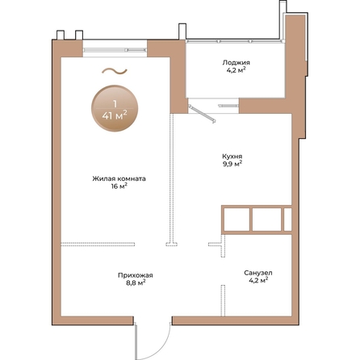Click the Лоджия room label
pos(236,63)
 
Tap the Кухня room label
pos(232,156)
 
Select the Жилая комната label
pos(119,178)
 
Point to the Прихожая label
pos(136,275)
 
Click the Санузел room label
pos(258,273)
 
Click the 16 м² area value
pos(119,186)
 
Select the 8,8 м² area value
pos(136,283)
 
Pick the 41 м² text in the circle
pos(115,116)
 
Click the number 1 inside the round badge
pos(115,103)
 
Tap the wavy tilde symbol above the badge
pos(115,71)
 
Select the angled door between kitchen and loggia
pos(202,114)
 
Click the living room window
pos(115,50)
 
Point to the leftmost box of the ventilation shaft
pos(237,220)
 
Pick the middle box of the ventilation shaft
pos(267,220)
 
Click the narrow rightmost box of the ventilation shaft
pos(287,220)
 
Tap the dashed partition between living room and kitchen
pos(172,180)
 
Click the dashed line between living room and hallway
pos(98,245)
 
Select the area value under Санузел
pos(258,280)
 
